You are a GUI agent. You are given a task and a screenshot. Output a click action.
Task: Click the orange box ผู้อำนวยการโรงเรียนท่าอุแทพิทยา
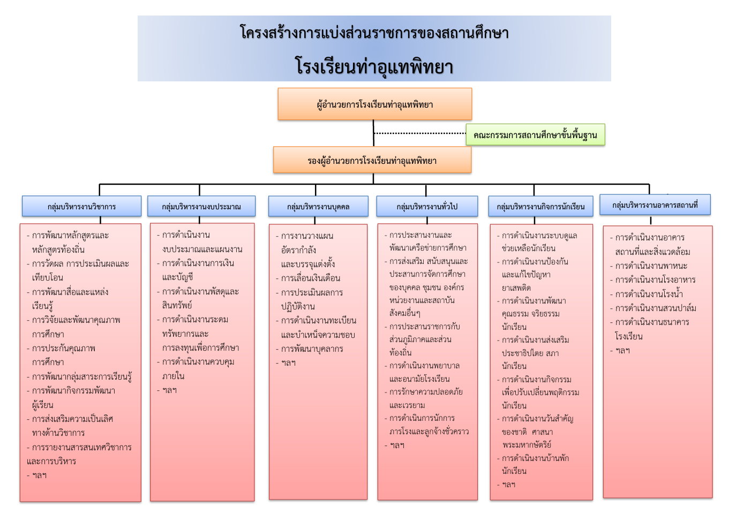point(374,104)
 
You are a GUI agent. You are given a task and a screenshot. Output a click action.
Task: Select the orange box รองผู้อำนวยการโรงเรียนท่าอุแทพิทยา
point(372,160)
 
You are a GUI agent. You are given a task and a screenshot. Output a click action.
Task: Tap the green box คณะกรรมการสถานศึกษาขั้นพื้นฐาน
point(535,134)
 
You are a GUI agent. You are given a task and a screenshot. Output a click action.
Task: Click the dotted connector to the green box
point(420,133)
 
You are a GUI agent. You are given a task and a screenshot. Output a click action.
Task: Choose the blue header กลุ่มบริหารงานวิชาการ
point(82,206)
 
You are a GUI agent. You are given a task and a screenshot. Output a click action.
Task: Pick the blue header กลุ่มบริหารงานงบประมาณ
point(201,206)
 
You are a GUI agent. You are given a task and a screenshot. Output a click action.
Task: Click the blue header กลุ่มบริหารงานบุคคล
point(318,206)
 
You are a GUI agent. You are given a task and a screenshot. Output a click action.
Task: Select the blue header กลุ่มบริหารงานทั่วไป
point(427,206)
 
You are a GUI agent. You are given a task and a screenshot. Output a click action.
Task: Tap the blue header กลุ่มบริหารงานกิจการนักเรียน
point(540,206)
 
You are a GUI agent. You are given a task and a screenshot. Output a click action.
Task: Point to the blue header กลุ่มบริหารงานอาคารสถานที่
point(655,205)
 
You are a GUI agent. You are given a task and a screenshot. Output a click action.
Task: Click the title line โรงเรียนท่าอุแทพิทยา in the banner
point(374,66)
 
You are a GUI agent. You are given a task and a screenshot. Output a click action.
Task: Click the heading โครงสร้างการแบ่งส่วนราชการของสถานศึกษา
point(374,33)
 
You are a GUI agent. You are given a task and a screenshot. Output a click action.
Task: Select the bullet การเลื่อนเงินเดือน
point(308,278)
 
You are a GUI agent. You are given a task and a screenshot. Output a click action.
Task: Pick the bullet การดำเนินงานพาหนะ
point(649,266)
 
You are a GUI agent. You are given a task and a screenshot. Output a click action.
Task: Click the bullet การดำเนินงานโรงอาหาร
point(653,280)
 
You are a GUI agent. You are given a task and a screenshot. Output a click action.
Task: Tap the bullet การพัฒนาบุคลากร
point(310,349)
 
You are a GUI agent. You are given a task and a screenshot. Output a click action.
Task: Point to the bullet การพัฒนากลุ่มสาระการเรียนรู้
point(79,377)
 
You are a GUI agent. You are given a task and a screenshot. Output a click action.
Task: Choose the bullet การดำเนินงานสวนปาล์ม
point(653,308)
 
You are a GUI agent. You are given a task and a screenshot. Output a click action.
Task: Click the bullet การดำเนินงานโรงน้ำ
point(647,294)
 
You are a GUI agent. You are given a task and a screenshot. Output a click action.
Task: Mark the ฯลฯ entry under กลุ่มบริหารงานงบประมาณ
point(167,390)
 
